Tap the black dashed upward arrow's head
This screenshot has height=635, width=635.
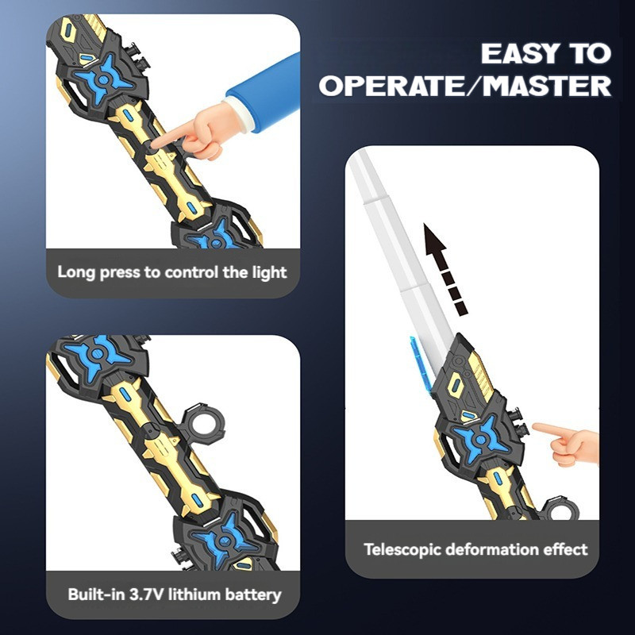point(434,238)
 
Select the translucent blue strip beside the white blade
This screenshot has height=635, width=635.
point(420,363)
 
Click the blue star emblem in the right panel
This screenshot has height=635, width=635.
point(481,440)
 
